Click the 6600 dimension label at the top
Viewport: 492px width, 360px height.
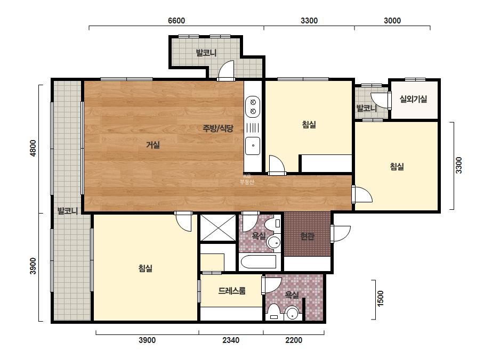pos(176,21)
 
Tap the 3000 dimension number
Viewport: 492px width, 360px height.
pos(392,21)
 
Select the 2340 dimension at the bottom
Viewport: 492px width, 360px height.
pos(231,340)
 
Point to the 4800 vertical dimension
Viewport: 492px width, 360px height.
pos(33,148)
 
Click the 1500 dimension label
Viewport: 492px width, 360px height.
pos(380,298)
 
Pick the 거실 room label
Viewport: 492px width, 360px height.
pos(153,145)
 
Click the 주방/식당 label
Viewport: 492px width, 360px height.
pos(218,128)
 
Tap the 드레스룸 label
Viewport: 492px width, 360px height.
pos(232,291)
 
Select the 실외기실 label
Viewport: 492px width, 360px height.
pos(413,100)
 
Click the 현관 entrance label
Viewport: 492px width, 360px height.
pos(307,236)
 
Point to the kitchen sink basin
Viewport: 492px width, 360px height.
pos(253,146)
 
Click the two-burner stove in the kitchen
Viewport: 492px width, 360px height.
pos(253,107)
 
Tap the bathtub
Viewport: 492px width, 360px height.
pos(259,261)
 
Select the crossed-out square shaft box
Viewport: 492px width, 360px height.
pos(218,228)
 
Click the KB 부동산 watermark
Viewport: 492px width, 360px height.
pos(247,179)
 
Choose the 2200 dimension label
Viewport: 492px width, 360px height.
pos(294,340)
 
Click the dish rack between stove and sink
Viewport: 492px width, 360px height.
pos(253,128)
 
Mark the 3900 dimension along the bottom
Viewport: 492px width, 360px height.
pos(147,340)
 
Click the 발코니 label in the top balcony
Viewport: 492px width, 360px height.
pos(206,53)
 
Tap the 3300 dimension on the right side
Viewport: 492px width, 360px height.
pos(459,165)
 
